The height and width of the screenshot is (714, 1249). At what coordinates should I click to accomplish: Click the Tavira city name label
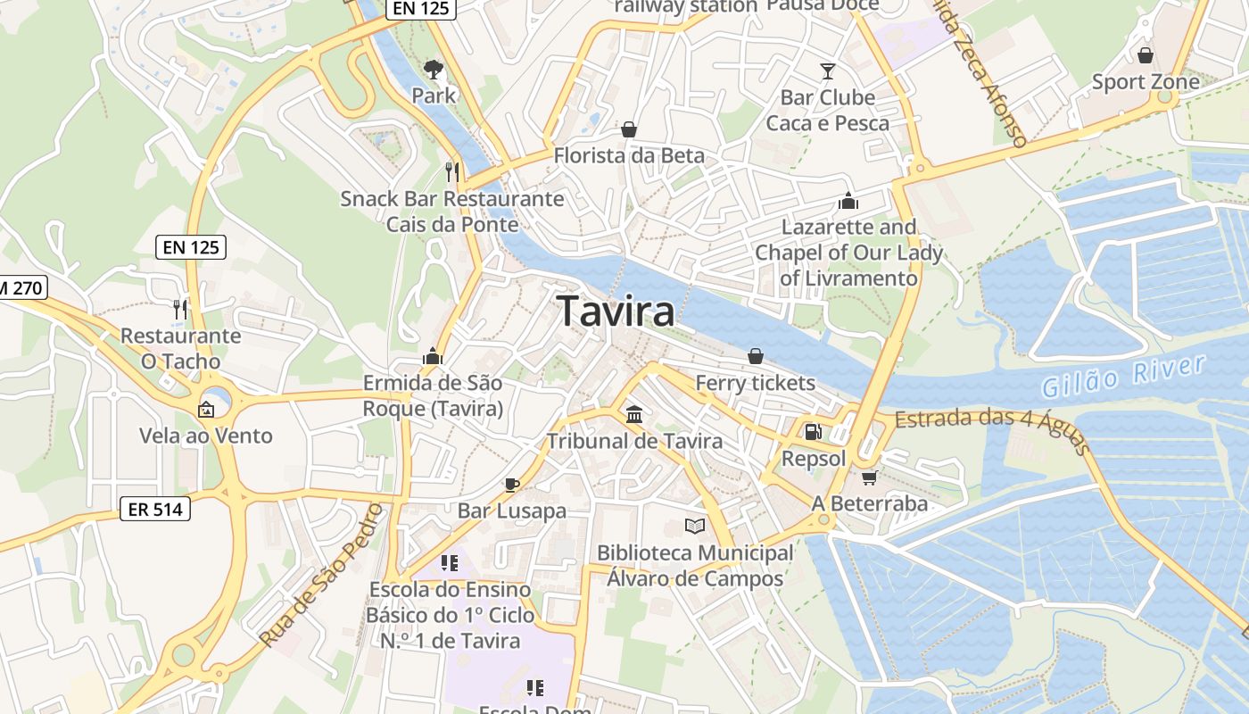tap(616, 311)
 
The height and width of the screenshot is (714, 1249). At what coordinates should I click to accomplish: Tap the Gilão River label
tap(1123, 376)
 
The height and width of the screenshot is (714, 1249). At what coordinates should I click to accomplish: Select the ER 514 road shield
tap(155, 509)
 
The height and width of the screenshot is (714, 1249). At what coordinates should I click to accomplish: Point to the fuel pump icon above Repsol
tap(813, 432)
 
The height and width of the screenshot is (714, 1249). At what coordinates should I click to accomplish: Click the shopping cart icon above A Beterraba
tap(869, 477)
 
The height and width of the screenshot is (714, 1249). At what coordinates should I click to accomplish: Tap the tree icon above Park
tap(434, 69)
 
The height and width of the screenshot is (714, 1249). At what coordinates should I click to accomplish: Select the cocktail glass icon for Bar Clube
tap(828, 71)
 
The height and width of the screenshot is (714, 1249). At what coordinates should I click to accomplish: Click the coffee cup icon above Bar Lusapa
tap(511, 486)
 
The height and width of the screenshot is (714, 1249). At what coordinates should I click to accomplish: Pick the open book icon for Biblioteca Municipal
tap(694, 527)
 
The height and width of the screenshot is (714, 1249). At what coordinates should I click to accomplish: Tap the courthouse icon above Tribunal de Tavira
tap(634, 414)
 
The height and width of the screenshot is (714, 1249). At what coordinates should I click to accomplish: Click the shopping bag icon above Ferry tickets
tap(755, 356)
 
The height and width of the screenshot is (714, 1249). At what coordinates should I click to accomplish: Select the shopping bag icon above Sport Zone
tap(1146, 55)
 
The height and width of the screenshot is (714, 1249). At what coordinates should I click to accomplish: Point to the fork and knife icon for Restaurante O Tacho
tap(180, 309)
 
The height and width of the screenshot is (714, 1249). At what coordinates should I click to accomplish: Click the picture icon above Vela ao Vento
tap(206, 410)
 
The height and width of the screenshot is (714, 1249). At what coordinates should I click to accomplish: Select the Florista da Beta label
tap(629, 155)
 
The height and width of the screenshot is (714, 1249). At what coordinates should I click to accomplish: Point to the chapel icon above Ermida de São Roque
tap(433, 357)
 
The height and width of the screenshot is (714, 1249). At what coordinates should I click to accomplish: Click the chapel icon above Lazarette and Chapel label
tap(848, 201)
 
